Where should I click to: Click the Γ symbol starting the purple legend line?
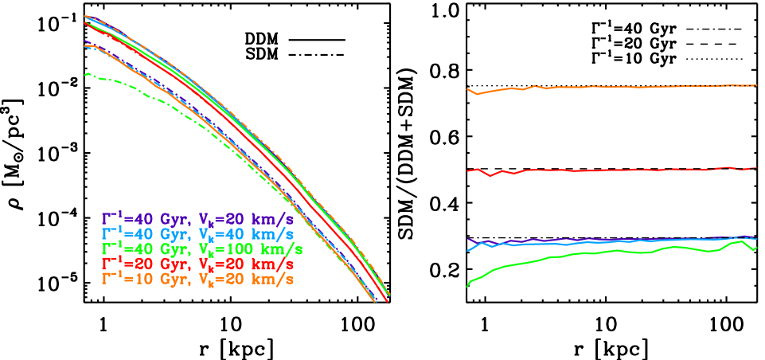click(x=106, y=218)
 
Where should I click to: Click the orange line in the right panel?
click(x=613, y=87)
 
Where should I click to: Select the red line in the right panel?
click(x=613, y=170)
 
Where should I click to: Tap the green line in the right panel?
click(x=613, y=251)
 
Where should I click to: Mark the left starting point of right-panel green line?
click(x=467, y=285)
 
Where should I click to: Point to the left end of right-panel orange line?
click(x=467, y=89)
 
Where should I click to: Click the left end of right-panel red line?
click(x=467, y=171)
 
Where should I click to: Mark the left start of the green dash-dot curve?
click(x=85, y=74)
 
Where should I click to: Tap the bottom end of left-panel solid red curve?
click(x=388, y=302)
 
